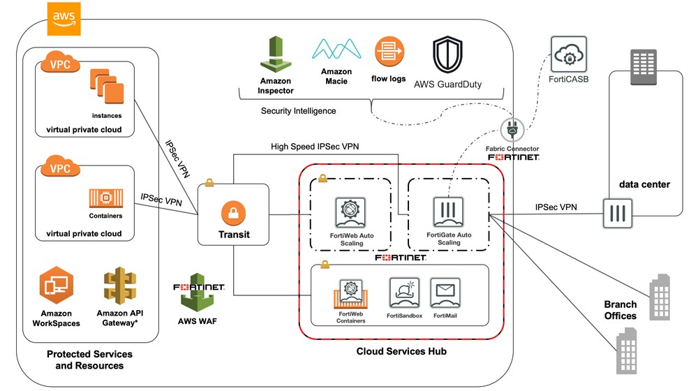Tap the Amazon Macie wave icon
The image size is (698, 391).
click(x=336, y=50)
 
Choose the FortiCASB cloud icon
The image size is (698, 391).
click(x=569, y=53)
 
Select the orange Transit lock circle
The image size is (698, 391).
click(x=233, y=212)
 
